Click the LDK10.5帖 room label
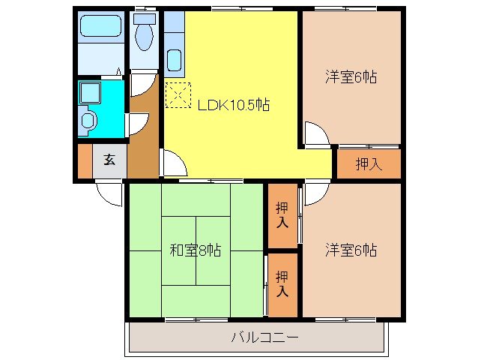(233, 106)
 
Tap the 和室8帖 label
(195, 250)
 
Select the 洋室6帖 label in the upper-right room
(350, 76)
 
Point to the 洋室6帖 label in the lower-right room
(350, 249)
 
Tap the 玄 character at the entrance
(109, 160)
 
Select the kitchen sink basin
(174, 59)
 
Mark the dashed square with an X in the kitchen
(179, 95)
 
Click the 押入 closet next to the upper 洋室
(368, 163)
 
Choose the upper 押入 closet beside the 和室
(282, 214)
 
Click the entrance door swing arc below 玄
(111, 193)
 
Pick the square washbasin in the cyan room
(89, 93)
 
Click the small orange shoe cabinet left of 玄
(85, 160)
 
